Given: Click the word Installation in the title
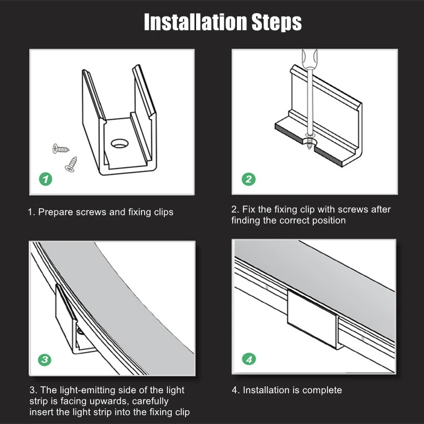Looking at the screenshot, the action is click(195, 22).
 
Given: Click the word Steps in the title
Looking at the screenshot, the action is click(277, 23).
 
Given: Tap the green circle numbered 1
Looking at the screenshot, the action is click(46, 179).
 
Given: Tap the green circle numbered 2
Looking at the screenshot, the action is click(249, 179).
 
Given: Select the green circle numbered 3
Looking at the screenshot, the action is click(45, 359).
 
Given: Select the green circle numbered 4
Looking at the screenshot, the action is click(249, 359).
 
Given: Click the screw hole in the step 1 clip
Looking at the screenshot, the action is click(120, 143).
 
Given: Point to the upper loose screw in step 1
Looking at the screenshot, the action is click(61, 149).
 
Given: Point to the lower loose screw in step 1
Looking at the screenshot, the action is click(71, 164).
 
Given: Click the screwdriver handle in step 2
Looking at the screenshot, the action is click(310, 59).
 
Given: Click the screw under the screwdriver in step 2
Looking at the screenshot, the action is click(310, 141).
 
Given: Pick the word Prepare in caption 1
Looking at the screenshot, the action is click(56, 213).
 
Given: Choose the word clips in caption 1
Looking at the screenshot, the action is click(164, 213).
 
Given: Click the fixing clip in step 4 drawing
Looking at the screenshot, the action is click(313, 320).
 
